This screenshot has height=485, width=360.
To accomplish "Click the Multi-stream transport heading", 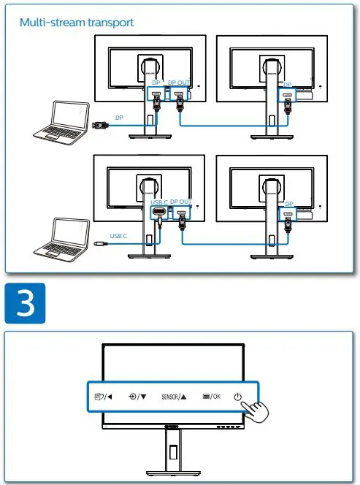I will point(77,23).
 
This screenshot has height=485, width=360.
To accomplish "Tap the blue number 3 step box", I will point(26,304).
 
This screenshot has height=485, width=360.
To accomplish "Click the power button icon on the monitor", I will point(238,397).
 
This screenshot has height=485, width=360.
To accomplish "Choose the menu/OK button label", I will point(211,397).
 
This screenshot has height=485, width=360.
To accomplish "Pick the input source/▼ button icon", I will point(137,397).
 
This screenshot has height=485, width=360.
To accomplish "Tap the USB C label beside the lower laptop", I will point(118,236).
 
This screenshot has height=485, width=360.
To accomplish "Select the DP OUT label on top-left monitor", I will point(180,83).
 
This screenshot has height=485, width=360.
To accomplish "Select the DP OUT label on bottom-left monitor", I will point(180,202).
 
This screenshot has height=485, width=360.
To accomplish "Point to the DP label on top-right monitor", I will point(288,85).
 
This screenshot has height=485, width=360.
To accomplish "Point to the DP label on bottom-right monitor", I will point(289,204).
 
